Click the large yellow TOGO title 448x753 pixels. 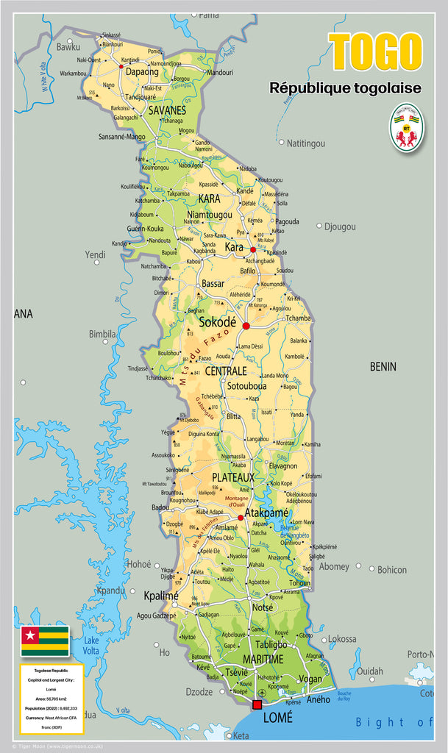click(x=375, y=52)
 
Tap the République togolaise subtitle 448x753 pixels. click(x=345, y=88)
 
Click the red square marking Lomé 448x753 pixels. click(x=257, y=704)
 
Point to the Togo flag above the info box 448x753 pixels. click(x=45, y=640)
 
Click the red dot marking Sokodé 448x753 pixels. click(x=246, y=326)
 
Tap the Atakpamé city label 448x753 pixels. click(x=266, y=513)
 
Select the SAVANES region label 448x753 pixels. click(x=167, y=110)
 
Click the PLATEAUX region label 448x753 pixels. click(x=233, y=477)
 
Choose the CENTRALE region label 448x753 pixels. click(x=226, y=371)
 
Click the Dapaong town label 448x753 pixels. click(x=142, y=72)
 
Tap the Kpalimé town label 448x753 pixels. click(x=161, y=596)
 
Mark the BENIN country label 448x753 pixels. click(x=383, y=366)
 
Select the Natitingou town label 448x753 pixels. click(x=305, y=143)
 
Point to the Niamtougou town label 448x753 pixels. click(x=210, y=215)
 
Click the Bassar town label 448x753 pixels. click(x=213, y=283)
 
